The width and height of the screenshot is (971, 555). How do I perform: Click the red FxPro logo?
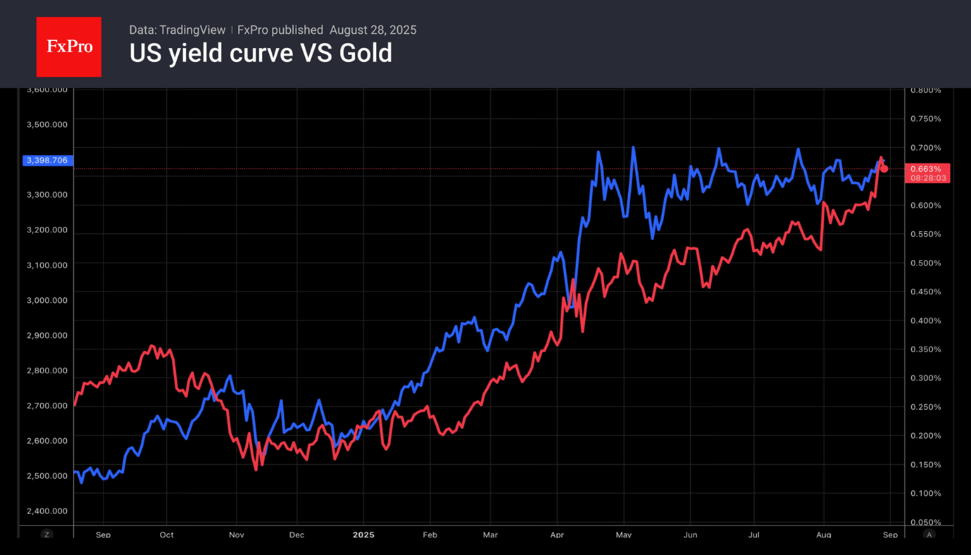pos(68,47)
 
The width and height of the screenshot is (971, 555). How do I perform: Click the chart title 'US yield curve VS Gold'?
pos(261,54)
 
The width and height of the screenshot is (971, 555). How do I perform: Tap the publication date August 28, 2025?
pos(373,30)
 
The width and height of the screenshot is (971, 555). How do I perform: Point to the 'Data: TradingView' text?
pos(177,30)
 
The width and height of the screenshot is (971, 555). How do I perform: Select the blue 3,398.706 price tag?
pos(46,161)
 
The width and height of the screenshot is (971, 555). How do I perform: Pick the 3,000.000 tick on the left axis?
pos(46,300)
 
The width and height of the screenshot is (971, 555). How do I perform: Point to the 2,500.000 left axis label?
pos(46,476)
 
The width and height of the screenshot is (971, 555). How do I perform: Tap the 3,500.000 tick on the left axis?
pos(46,125)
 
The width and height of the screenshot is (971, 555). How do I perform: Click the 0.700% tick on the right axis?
pos(925,148)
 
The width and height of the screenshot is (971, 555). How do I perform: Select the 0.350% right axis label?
pos(925,349)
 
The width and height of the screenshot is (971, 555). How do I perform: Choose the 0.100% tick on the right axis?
pos(925,493)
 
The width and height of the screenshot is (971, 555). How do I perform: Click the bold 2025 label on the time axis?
pos(363,535)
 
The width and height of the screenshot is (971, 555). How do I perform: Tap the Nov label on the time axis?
pos(237,535)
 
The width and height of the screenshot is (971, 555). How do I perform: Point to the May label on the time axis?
pos(623,535)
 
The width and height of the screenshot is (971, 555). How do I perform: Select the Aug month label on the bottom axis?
pos(822,535)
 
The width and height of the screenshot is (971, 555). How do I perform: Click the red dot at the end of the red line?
pos(884,168)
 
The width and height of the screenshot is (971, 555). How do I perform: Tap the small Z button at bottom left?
pos(47,535)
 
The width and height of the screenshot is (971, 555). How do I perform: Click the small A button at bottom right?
pos(929,535)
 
